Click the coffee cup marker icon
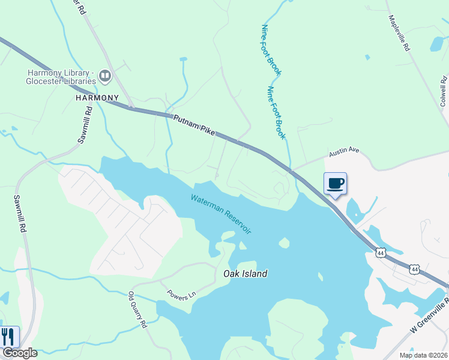(x=336, y=183)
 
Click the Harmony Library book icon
(x=105, y=76)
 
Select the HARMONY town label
(x=97, y=97)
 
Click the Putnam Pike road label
(x=193, y=126)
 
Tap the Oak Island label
(x=245, y=274)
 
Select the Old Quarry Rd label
(x=138, y=310)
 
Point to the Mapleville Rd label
(x=399, y=34)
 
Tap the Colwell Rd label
(x=444, y=91)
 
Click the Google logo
(x=19, y=353)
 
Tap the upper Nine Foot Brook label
(x=271, y=50)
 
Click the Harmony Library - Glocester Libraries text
(x=62, y=77)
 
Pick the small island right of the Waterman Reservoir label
(x=284, y=243)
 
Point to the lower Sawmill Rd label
(x=21, y=214)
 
